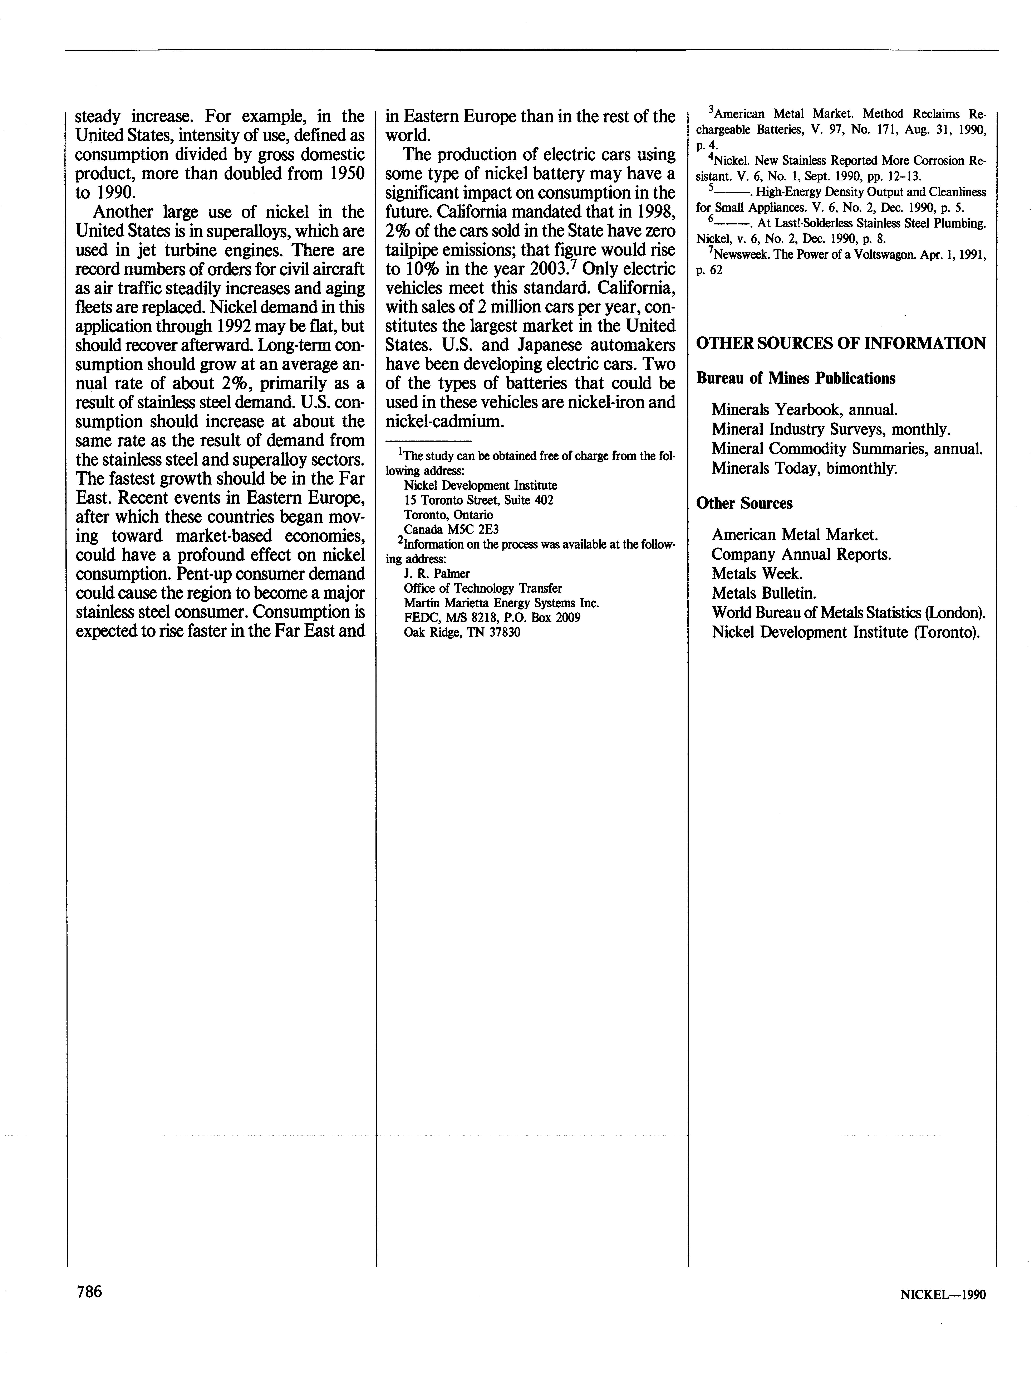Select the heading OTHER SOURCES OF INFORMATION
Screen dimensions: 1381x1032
pos(840,343)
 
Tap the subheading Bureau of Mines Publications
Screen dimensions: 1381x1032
pos(796,378)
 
